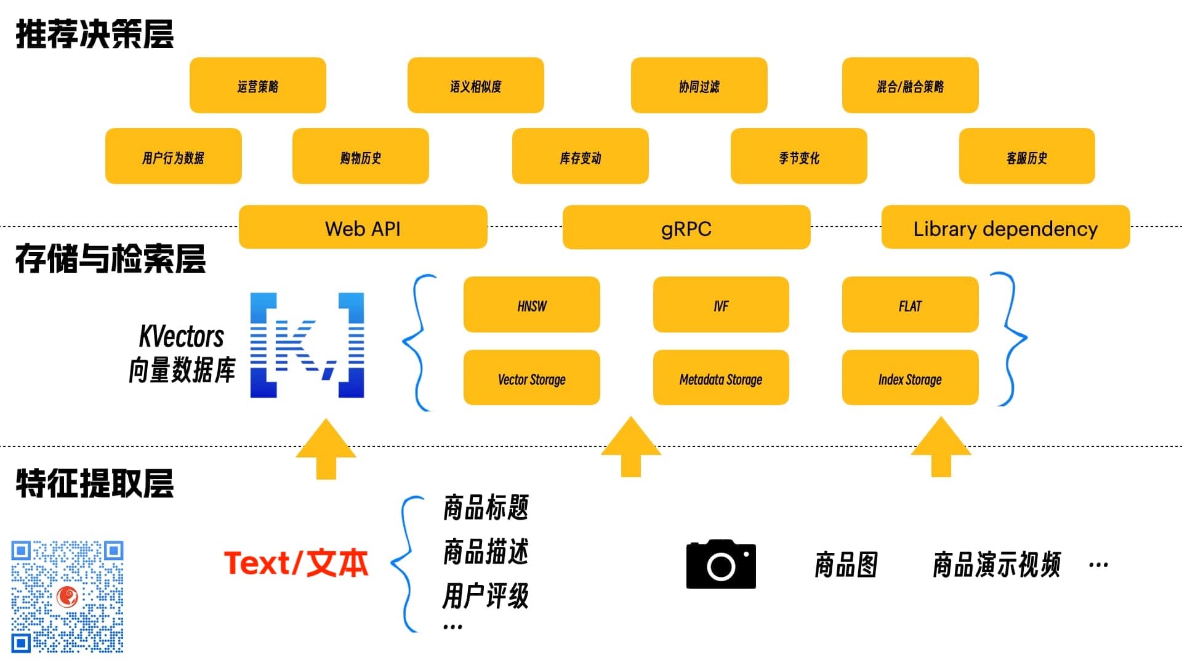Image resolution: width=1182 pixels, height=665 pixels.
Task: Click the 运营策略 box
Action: point(257,86)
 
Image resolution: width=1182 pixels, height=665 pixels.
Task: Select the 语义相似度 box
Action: point(475,86)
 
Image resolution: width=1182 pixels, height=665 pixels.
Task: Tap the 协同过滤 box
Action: point(699,86)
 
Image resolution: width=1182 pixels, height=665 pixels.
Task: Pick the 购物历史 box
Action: point(360,156)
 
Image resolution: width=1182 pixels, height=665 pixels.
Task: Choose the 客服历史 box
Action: point(1026,156)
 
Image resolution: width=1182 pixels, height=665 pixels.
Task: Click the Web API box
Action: point(363,227)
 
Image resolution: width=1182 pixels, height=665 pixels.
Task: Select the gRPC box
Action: point(686,227)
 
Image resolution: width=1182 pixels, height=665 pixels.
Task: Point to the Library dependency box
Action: point(1005,227)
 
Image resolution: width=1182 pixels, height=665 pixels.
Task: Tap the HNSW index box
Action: point(531,305)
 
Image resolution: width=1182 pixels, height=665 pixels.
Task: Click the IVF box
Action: point(720,305)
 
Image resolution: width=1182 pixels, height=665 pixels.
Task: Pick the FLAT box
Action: point(910,305)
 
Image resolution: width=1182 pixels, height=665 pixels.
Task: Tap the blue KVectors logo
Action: point(307,345)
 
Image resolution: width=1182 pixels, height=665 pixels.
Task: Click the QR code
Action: point(67,596)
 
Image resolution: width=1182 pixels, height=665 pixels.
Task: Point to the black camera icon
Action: point(720,565)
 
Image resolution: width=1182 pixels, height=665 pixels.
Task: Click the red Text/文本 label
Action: point(296,563)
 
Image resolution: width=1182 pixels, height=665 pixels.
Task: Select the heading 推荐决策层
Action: point(95,34)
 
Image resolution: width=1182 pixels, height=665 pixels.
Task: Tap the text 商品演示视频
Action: point(996,565)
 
